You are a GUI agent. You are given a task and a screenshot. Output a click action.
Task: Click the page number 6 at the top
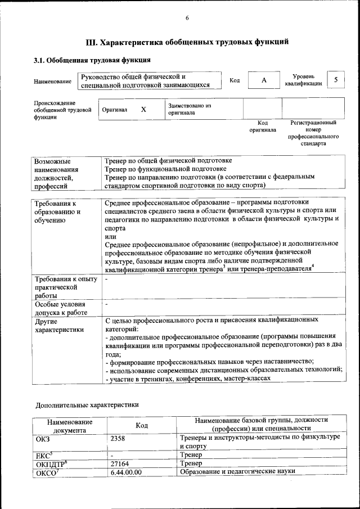tap(187, 18)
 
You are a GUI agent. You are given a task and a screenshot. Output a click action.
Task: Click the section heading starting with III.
tap(187, 42)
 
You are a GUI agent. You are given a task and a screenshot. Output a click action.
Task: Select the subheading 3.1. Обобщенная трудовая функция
tap(91, 60)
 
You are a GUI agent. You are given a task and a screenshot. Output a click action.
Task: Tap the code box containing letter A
tap(263, 80)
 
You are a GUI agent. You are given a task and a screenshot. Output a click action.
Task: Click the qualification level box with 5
tap(336, 80)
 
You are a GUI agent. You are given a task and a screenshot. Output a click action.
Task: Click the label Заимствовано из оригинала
tap(189, 109)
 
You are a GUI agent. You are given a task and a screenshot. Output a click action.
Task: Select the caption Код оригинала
tap(263, 126)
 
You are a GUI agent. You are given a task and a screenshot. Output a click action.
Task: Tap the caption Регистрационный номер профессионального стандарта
tap(313, 133)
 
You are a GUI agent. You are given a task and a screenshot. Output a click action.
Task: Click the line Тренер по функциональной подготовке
tap(166, 168)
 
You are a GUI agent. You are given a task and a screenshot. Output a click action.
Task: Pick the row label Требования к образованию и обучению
tap(57, 211)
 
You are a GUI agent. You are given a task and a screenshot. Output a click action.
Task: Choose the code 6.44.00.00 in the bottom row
tap(126, 472)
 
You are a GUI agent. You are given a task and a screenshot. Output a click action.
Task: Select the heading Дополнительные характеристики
tap(87, 404)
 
